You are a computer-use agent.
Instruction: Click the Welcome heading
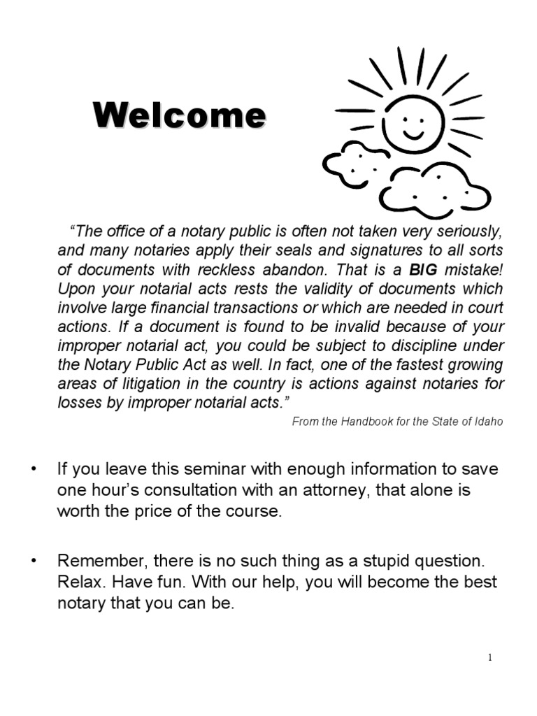coord(180,115)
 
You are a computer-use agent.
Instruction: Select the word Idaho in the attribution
coord(487,422)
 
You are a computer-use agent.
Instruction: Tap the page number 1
coord(490,657)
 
